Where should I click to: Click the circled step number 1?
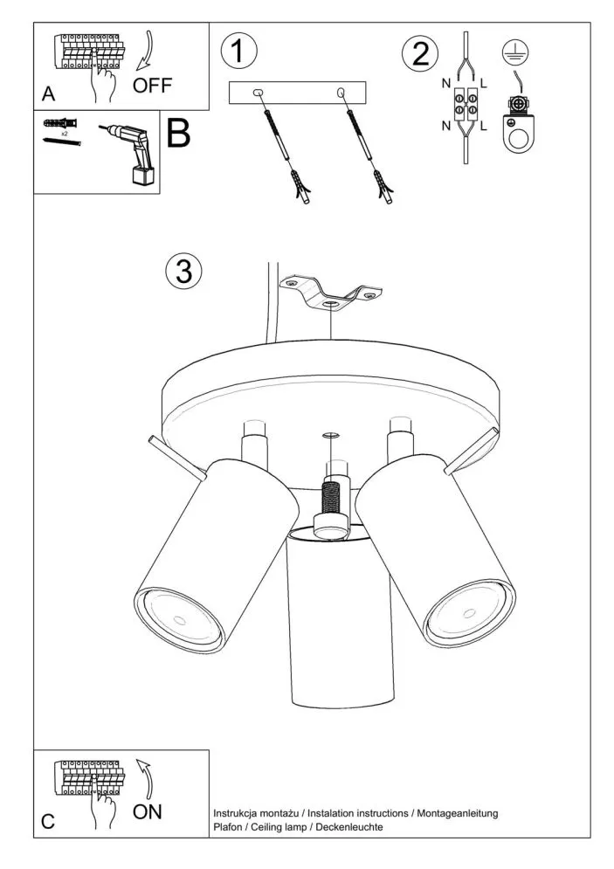tap(238, 51)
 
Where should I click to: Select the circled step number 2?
tap(420, 54)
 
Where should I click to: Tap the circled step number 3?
tap(183, 272)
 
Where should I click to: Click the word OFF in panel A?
tap(152, 86)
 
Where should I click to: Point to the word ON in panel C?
tap(147, 812)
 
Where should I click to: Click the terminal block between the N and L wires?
tap(466, 106)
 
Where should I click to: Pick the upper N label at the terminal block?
tap(446, 84)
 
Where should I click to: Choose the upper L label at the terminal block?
tap(483, 84)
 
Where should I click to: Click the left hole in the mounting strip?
tap(258, 93)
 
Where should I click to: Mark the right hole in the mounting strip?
tap(341, 92)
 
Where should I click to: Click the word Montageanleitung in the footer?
tap(457, 814)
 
